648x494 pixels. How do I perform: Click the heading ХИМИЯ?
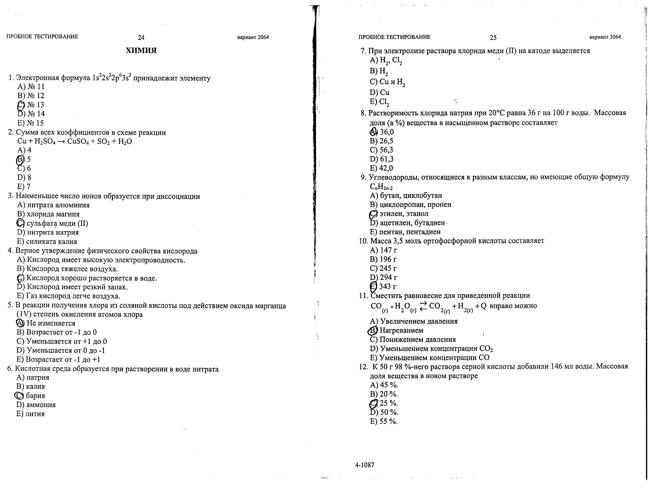point(141,50)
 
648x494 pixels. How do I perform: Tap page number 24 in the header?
point(141,37)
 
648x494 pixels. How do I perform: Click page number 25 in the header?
point(493,37)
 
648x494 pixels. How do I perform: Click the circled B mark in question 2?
point(21,159)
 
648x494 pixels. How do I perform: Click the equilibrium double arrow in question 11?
point(423,306)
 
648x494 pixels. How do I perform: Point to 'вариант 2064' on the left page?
point(253,37)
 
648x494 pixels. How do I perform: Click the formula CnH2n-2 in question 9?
point(381,187)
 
